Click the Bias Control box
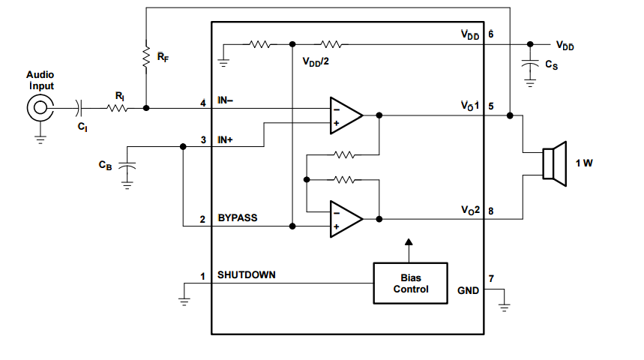(410, 283)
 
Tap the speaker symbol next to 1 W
(553, 163)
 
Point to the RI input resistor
(118, 108)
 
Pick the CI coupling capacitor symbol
(81, 109)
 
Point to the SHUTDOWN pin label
(246, 275)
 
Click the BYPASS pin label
(238, 218)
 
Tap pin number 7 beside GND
(490, 279)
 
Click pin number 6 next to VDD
(490, 34)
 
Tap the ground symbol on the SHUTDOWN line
(184, 298)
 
